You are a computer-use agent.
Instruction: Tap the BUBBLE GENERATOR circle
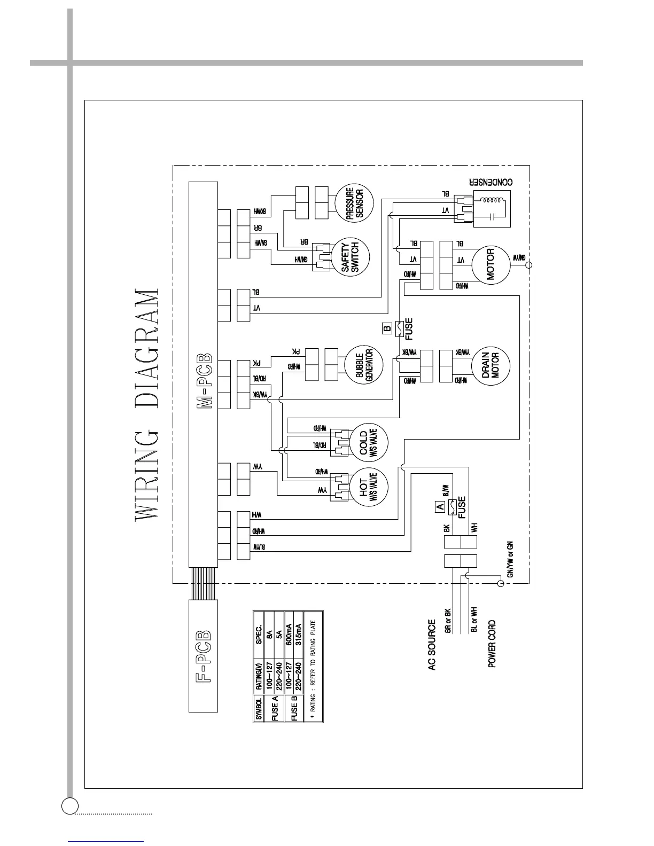point(364,365)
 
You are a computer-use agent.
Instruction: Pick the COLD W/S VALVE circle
point(368,442)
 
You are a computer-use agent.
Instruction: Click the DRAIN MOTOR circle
point(490,365)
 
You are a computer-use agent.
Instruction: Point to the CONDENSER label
point(491,182)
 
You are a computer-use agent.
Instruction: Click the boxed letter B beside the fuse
point(387,327)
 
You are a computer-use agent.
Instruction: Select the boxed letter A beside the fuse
point(440,505)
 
